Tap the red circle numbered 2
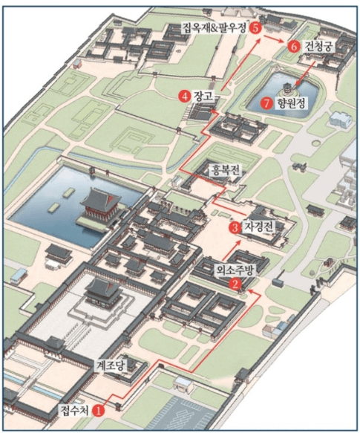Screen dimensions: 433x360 (235, 283)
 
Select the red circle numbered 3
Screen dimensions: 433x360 (235, 227)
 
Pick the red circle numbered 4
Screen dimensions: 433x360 (183, 96)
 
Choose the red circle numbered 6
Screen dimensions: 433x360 (294, 46)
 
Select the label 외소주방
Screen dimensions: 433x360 (234, 270)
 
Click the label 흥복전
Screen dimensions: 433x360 (227, 169)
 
